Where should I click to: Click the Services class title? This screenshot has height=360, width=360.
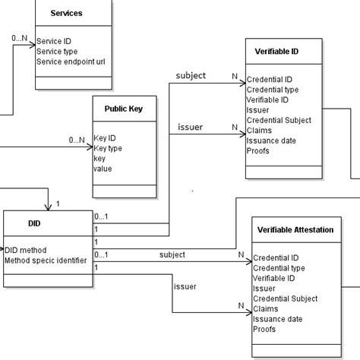click(x=66, y=14)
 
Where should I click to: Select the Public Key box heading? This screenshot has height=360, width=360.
click(x=124, y=109)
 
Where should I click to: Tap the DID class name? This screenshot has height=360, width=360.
click(x=33, y=224)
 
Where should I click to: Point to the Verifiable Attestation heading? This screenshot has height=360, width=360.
click(x=295, y=229)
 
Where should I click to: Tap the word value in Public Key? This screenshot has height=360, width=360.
click(x=103, y=169)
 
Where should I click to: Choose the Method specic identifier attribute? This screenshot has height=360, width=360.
click(x=46, y=261)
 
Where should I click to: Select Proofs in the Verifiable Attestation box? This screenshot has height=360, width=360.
click(x=264, y=329)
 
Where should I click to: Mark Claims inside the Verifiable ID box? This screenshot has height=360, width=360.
click(x=260, y=130)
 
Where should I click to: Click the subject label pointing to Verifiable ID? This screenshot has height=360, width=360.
click(x=191, y=76)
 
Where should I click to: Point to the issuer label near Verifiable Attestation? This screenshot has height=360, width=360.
click(x=185, y=286)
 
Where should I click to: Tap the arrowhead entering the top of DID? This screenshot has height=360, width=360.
click(x=49, y=207)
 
